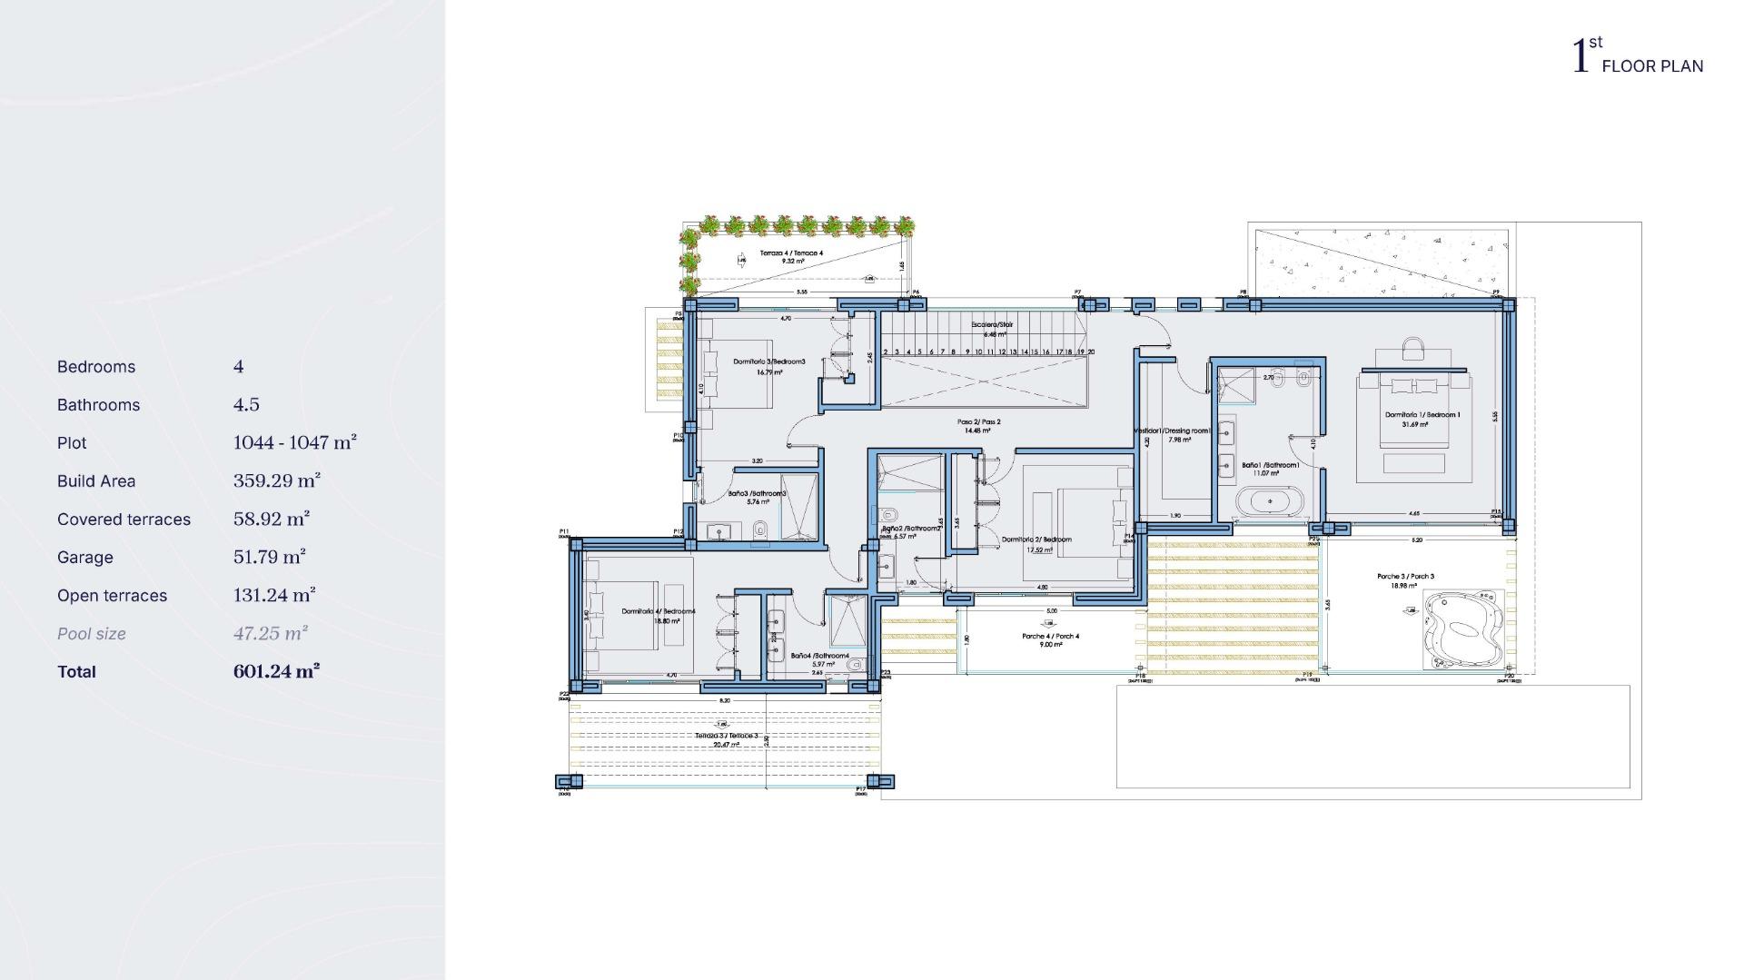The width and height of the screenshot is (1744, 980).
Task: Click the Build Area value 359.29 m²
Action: [x=276, y=481]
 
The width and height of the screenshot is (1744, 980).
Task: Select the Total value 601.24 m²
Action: [x=276, y=672]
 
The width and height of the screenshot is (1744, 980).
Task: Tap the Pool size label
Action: [x=92, y=634]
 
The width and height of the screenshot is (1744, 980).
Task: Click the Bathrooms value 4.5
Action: [x=246, y=405]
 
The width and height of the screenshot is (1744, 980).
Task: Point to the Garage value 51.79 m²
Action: [x=269, y=558]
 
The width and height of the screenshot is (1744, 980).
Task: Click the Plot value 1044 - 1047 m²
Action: [x=294, y=443]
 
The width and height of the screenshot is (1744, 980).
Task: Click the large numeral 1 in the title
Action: [x=1580, y=56]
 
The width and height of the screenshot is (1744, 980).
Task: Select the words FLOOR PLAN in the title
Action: [x=1652, y=66]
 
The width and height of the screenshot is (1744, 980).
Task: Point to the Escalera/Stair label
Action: [x=992, y=324]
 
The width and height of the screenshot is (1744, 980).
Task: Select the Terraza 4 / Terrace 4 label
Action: [x=791, y=253]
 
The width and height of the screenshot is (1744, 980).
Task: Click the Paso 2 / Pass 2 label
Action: [x=978, y=422]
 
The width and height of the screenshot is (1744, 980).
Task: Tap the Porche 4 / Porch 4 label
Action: [x=1050, y=637]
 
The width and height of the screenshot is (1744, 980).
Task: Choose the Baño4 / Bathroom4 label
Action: [x=819, y=656]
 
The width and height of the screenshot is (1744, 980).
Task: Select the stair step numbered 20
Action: [x=1091, y=351]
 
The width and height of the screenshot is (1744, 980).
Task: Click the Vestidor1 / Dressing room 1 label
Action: [x=1174, y=431]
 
